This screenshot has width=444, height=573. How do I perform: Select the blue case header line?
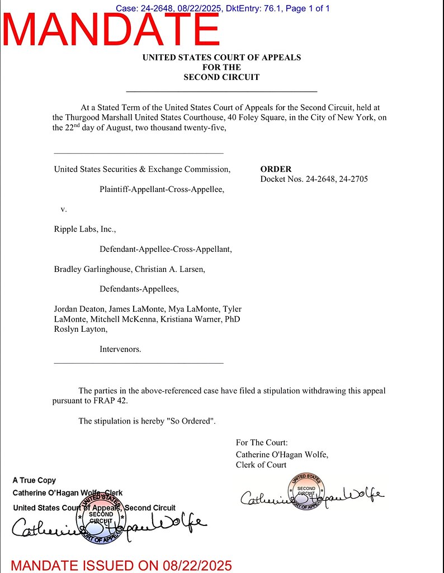point(222,8)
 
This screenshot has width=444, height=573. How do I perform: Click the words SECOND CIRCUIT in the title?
point(221,77)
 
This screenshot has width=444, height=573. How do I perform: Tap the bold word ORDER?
point(276,169)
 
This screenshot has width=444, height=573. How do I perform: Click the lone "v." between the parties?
point(64,209)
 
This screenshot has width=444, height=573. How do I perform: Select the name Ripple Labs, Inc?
point(84,229)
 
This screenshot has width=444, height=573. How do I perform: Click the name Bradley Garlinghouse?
point(92,269)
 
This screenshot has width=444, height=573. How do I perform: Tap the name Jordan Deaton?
point(79,309)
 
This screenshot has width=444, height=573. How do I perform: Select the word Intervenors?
point(120,349)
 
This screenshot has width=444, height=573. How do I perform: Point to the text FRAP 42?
point(118,401)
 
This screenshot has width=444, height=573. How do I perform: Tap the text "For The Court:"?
point(262,443)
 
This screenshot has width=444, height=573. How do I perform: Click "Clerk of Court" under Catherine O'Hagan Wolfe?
point(261,464)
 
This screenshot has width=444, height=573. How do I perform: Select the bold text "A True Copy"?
point(34,480)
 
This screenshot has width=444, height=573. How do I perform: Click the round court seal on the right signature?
point(306,492)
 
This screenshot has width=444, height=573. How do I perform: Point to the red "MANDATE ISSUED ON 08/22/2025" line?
point(121,565)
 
